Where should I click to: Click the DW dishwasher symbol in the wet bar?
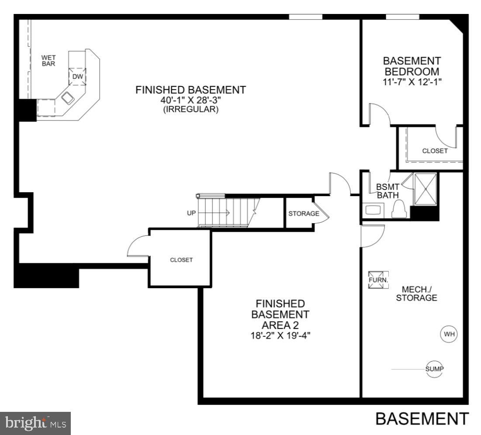pos(77,76)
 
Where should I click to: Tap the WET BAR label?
pos(48,60)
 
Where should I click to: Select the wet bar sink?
pos(68,98)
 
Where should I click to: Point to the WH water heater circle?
pos(450,335)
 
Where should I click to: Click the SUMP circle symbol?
pos(435,369)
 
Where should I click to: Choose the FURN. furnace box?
pos(378,280)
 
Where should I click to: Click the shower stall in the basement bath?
pos(425,189)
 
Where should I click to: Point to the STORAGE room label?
pos(304,214)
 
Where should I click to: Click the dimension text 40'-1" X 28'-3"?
pos(190,100)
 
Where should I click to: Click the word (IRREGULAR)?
pos(191,110)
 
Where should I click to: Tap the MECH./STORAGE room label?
pos(419,293)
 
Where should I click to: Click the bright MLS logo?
pos(35,422)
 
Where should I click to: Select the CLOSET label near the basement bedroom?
pos(435,151)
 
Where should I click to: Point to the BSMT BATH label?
pos(385,191)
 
